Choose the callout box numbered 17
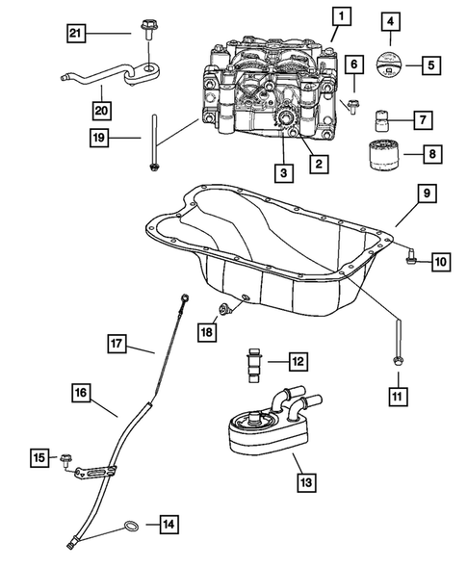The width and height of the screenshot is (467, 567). [x=117, y=343]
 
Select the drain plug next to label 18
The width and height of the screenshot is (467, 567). [x=225, y=307]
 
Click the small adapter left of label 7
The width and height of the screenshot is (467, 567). [x=382, y=121]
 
